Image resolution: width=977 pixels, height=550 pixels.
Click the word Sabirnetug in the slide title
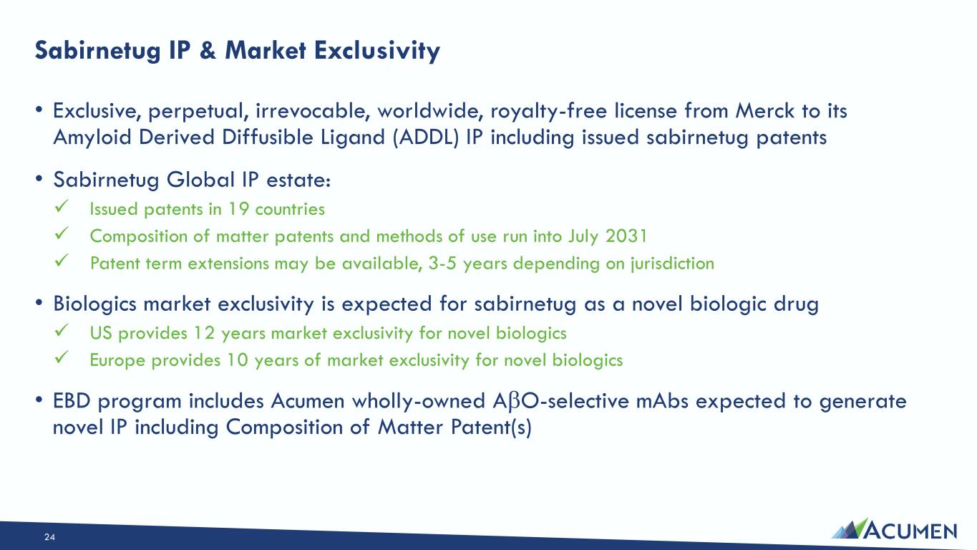pos(98,51)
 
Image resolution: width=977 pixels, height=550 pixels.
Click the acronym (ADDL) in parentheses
pos(426,137)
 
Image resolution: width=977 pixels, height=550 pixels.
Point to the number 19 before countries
pos(238,209)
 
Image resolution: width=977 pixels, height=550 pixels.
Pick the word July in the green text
pos(583,237)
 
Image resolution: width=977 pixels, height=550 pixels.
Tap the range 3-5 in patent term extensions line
pos(442,264)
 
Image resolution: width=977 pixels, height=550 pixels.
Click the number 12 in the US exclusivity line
pos(204,333)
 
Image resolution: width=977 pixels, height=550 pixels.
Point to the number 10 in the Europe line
pos(237,360)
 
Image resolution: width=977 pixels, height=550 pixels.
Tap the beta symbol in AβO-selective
pos(513,402)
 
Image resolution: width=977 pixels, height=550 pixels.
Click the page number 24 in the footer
pos(49,537)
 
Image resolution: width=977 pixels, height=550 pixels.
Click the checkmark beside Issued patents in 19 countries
pos(62,206)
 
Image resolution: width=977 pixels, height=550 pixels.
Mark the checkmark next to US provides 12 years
pos(62,330)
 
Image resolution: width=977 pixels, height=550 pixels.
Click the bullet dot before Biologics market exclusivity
pos(39,302)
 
